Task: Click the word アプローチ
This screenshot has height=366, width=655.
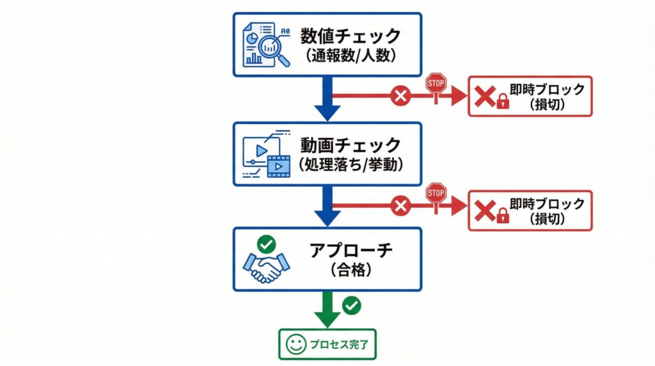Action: pos(351,251)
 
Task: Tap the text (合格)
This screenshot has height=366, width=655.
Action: pos(351,270)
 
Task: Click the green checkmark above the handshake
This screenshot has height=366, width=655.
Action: pos(267,244)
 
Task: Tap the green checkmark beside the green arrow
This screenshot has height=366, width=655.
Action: pos(352,305)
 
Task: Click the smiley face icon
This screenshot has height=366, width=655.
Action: pos(296,344)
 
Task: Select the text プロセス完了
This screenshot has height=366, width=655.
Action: pos(339,345)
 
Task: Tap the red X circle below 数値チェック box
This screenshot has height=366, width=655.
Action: pos(400,96)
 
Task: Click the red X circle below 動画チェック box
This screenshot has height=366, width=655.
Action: pos(400,206)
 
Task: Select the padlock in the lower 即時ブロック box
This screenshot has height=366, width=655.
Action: pos(503,216)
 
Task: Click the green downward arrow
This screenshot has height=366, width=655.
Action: pos(327,310)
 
